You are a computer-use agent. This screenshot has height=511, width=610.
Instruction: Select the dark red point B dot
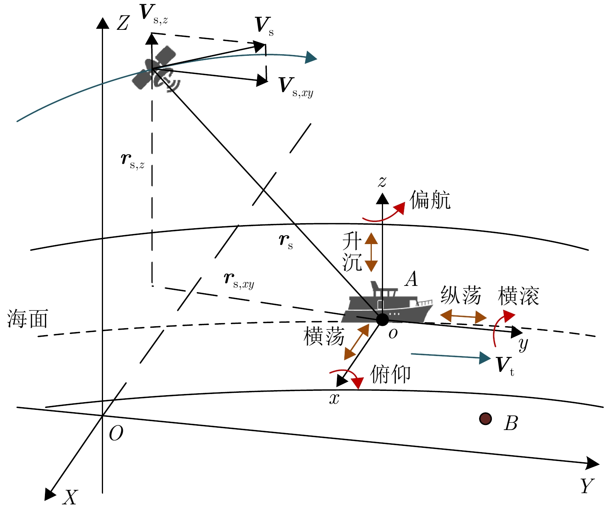pyautogui.click(x=485, y=419)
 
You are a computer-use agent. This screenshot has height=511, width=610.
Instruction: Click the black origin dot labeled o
pyautogui.click(x=382, y=320)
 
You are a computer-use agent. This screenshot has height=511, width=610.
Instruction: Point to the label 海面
pyautogui.click(x=27, y=319)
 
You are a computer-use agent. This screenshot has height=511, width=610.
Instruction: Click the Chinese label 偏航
pyautogui.click(x=430, y=200)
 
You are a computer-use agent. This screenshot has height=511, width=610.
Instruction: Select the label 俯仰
pyautogui.click(x=390, y=374)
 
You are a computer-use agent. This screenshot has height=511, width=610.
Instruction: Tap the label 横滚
pyautogui.click(x=518, y=296)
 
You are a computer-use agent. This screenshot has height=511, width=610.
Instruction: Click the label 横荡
pyautogui.click(x=324, y=336)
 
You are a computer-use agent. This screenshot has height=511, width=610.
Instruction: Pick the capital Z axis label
pyautogui.click(x=123, y=23)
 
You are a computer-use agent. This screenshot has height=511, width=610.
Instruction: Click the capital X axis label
pyautogui.click(x=70, y=497)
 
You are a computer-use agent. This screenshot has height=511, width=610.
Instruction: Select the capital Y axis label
pyautogui.click(x=587, y=486)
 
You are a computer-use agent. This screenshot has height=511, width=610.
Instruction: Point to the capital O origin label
pyautogui.click(x=116, y=434)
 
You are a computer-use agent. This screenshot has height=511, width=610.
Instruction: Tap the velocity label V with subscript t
pyautogui.click(x=505, y=365)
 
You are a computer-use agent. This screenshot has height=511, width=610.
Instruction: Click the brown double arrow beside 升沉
pyautogui.click(x=371, y=252)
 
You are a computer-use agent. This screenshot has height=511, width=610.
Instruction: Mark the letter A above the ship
pyautogui.click(x=411, y=279)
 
